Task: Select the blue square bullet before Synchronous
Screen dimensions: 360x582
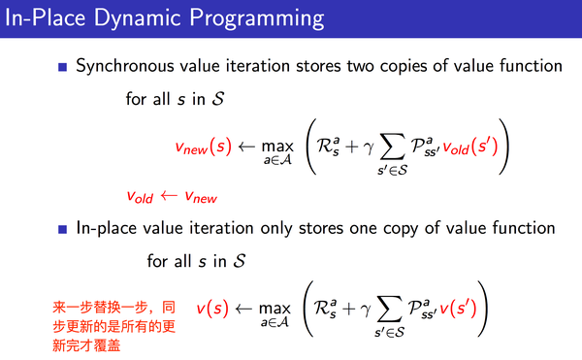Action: coord(62,67)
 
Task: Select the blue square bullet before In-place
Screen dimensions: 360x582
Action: coord(62,228)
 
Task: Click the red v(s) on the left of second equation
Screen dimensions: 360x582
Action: coord(212,310)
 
